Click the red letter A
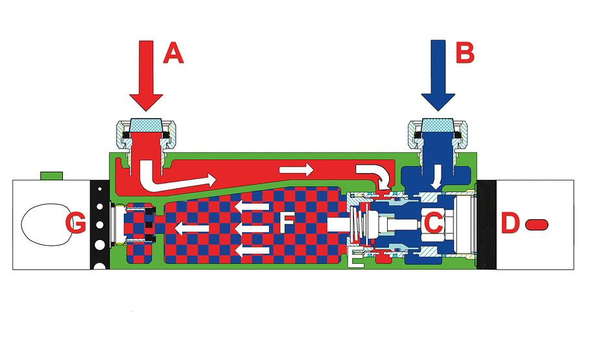pyautogui.click(x=172, y=53)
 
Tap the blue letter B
pyautogui.click(x=464, y=53)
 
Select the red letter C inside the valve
pyautogui.click(x=433, y=223)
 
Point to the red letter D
pyautogui.click(x=510, y=224)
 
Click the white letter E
pyautogui.click(x=356, y=258)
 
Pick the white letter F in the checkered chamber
pyautogui.click(x=286, y=224)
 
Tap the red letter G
pyautogui.click(x=76, y=224)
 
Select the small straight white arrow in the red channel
pyautogui.click(x=296, y=169)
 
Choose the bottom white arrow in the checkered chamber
pyautogui.click(x=252, y=250)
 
